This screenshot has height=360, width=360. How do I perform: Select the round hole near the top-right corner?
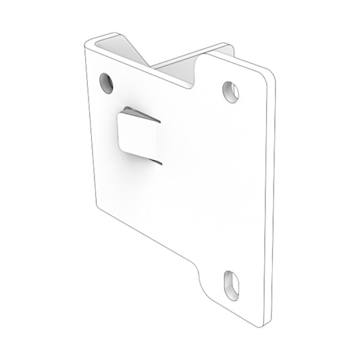coord(230,89)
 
